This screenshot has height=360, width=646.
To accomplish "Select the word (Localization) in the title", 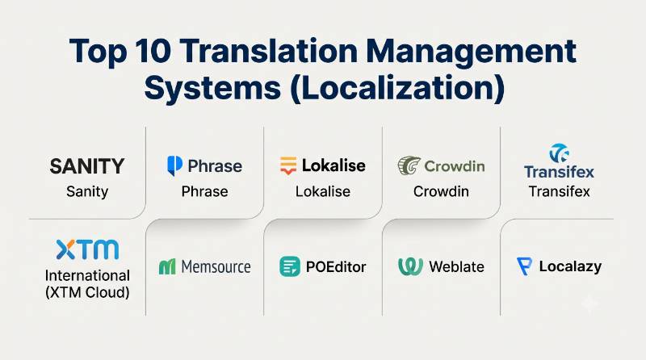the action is click(397, 88).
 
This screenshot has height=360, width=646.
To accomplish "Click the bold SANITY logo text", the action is click(87, 166).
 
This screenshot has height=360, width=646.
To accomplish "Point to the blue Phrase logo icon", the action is click(174, 165).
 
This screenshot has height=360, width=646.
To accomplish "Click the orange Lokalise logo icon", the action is click(288, 165).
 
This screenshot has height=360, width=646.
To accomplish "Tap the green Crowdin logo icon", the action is click(409, 165).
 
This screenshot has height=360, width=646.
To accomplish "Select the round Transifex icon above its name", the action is click(559, 153).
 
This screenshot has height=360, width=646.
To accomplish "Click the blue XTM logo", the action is click(87, 249).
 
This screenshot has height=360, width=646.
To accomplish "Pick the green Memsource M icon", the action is click(167, 267).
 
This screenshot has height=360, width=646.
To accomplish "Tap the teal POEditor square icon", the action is click(290, 266).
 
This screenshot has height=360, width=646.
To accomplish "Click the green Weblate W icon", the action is click(410, 266).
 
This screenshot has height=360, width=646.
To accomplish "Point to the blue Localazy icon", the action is click(524, 266).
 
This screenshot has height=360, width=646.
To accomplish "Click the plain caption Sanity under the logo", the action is click(87, 191).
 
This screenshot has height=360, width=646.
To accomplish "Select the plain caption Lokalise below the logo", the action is click(323, 191).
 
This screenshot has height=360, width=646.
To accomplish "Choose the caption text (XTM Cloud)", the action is click(87, 292).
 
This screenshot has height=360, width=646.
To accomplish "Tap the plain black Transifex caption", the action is click(559, 191).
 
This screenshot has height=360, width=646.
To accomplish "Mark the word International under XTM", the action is click(87, 275).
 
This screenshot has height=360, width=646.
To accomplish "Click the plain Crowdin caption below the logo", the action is click(441, 191).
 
